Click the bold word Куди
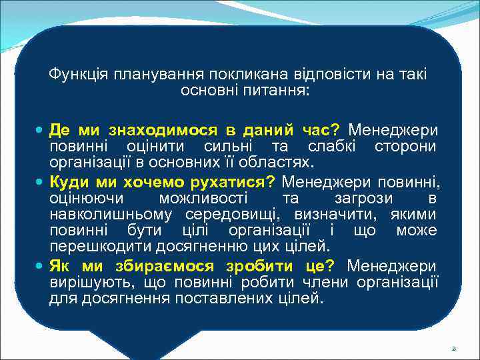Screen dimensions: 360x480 click(70, 181)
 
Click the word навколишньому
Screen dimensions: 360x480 click(109, 215)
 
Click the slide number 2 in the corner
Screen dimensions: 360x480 click(454, 348)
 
